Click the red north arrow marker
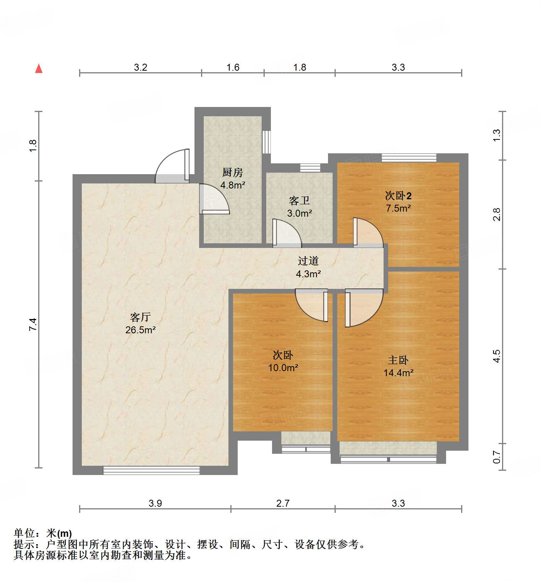pos(39,68)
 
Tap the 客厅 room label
pos(140,317)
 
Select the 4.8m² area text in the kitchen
pos(233,185)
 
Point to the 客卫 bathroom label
pos(299,200)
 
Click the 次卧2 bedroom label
pos(398,195)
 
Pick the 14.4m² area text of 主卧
pos(398,373)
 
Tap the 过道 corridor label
pos(308,261)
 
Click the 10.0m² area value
pos(283,368)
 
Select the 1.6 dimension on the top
pos(233,67)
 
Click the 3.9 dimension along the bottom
pos(155,503)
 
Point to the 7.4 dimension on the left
pos(33,324)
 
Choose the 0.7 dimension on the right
pos(497,457)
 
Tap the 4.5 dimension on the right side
pos(497,356)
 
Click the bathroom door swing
pos(286,233)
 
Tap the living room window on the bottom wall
pos(151,470)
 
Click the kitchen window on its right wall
pos(266,142)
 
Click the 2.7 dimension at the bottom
pos(283,503)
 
